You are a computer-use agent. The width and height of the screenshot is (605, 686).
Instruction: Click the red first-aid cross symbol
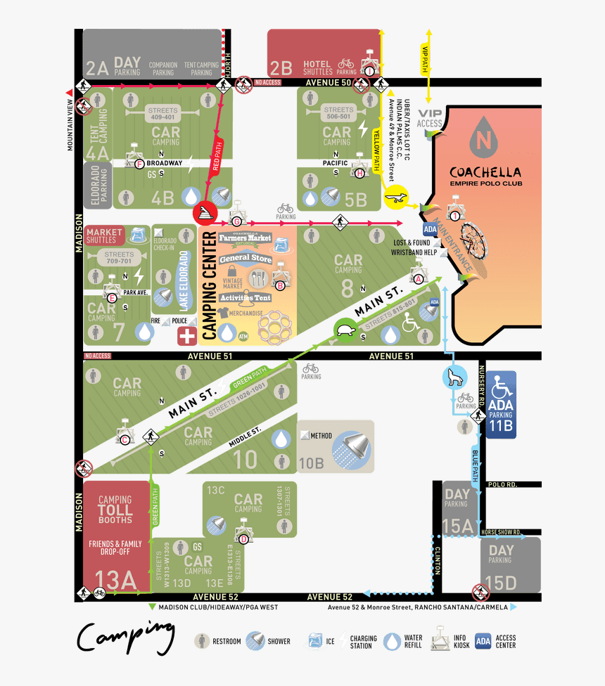pos(186,335)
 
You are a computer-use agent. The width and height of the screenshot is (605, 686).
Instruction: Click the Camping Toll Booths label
pos(115,509)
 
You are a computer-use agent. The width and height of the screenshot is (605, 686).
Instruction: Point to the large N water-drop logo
pos(483,138)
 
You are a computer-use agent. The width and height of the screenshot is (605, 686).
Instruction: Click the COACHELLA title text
pos(485,172)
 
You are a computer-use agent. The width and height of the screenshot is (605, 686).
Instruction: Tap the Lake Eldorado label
pos(184,280)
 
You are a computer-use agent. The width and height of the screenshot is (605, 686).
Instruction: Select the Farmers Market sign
pos(244,239)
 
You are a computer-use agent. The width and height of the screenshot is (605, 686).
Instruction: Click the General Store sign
pos(246,259)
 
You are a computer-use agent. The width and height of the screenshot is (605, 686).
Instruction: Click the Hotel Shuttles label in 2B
pos(317,67)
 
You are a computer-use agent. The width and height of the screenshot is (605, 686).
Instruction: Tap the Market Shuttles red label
pos(105,235)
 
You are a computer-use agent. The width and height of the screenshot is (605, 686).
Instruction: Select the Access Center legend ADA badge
pos(483,640)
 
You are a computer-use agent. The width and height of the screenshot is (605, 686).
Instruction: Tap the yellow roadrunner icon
pos(398,200)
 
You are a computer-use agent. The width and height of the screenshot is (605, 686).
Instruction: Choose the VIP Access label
pos(430,119)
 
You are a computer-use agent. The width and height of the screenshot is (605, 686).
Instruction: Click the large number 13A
pos(115,578)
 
